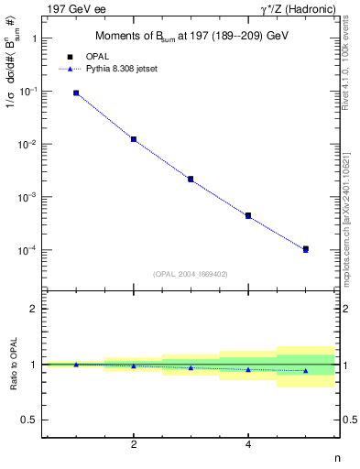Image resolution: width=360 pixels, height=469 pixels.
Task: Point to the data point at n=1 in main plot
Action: (76, 93)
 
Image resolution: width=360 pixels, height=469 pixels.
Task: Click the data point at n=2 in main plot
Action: (134, 139)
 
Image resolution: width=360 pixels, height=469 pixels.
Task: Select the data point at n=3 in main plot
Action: (191, 179)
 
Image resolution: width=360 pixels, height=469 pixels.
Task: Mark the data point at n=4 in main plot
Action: (248, 216)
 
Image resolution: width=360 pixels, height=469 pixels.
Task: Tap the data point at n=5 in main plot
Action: (306, 249)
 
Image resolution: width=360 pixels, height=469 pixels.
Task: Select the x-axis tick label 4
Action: (248, 445)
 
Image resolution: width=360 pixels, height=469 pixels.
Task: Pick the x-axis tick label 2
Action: (134, 445)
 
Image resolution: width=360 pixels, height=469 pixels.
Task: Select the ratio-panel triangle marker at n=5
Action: (306, 371)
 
